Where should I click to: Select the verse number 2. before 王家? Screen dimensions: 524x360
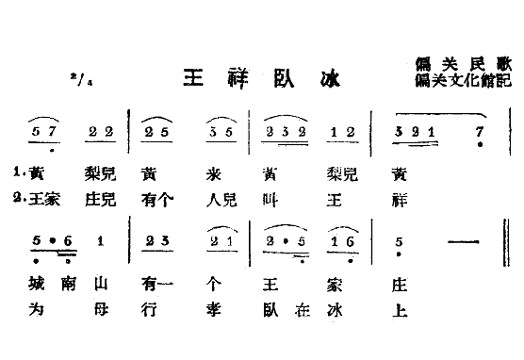[20, 198]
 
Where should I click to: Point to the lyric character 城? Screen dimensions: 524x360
[39, 281]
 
